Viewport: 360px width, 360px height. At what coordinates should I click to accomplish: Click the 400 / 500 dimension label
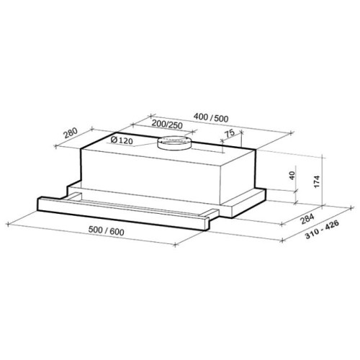pos(211,117)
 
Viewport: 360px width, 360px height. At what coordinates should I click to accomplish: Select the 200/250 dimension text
pos(167,125)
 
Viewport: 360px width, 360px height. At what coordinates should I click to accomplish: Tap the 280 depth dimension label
pos(71,133)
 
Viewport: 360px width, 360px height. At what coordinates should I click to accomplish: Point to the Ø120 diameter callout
pos(122,140)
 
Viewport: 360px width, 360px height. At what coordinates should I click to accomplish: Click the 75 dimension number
pos(230,134)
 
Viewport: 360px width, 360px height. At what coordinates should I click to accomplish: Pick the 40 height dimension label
pos(292,176)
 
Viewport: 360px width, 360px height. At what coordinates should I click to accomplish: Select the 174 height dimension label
pos(317,181)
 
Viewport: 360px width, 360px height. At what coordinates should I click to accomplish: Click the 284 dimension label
pos(307,219)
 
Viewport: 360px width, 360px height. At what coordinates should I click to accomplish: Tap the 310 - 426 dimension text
pos(322,230)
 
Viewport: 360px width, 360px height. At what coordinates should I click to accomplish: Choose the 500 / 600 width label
pos(107,231)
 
